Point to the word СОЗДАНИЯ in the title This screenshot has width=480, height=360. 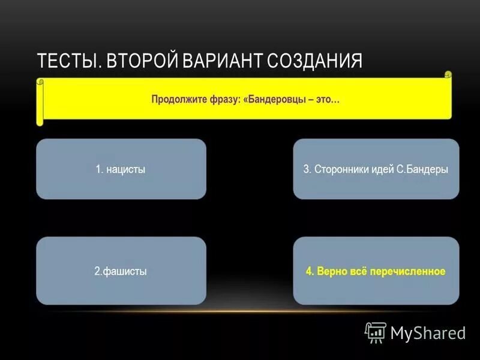(x=315, y=61)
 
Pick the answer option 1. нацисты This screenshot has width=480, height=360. (x=121, y=169)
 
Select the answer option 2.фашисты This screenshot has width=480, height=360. (x=121, y=271)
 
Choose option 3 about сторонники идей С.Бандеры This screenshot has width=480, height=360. (x=376, y=169)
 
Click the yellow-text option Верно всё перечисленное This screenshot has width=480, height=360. (x=376, y=271)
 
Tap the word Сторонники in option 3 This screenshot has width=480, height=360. (x=339, y=169)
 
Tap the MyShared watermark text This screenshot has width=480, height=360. (x=428, y=332)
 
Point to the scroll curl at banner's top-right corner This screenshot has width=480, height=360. (x=447, y=75)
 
